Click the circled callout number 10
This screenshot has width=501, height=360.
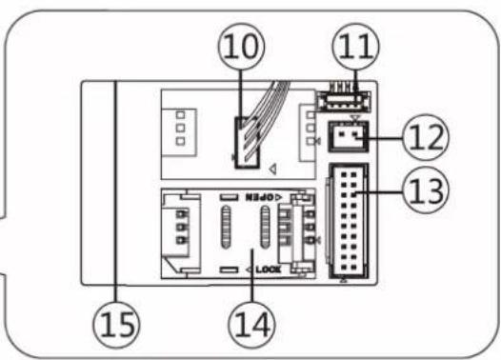pyautogui.click(x=242, y=47)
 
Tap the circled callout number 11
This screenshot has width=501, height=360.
pyautogui.click(x=355, y=47)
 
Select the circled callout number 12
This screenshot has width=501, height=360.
pyautogui.click(x=426, y=137)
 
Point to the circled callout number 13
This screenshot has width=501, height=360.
pyautogui.click(x=426, y=190)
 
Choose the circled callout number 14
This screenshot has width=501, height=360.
pyautogui.click(x=251, y=324)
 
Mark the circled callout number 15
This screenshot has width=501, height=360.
pyautogui.click(x=116, y=324)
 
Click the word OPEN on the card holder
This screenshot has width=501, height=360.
pyautogui.click(x=259, y=197)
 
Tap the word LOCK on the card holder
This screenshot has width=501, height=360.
pyautogui.click(x=269, y=270)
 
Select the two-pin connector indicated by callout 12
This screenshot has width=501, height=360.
pyautogui.click(x=349, y=136)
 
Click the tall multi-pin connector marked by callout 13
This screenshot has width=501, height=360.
pyautogui.click(x=349, y=221)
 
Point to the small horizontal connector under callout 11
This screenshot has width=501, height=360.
pyautogui.click(x=345, y=102)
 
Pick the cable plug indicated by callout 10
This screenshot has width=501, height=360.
pyautogui.click(x=247, y=143)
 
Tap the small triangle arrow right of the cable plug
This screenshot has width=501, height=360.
pyautogui.click(x=272, y=169)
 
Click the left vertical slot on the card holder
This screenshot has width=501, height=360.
pyautogui.click(x=226, y=227)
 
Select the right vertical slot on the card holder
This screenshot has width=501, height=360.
pyautogui.click(x=265, y=227)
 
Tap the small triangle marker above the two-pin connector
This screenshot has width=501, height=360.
pyautogui.click(x=354, y=118)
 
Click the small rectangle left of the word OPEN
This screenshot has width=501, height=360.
pyautogui.click(x=230, y=197)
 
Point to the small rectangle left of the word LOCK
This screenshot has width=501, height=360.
pyautogui.click(x=230, y=270)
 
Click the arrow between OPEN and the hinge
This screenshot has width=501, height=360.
pyautogui.click(x=278, y=197)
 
